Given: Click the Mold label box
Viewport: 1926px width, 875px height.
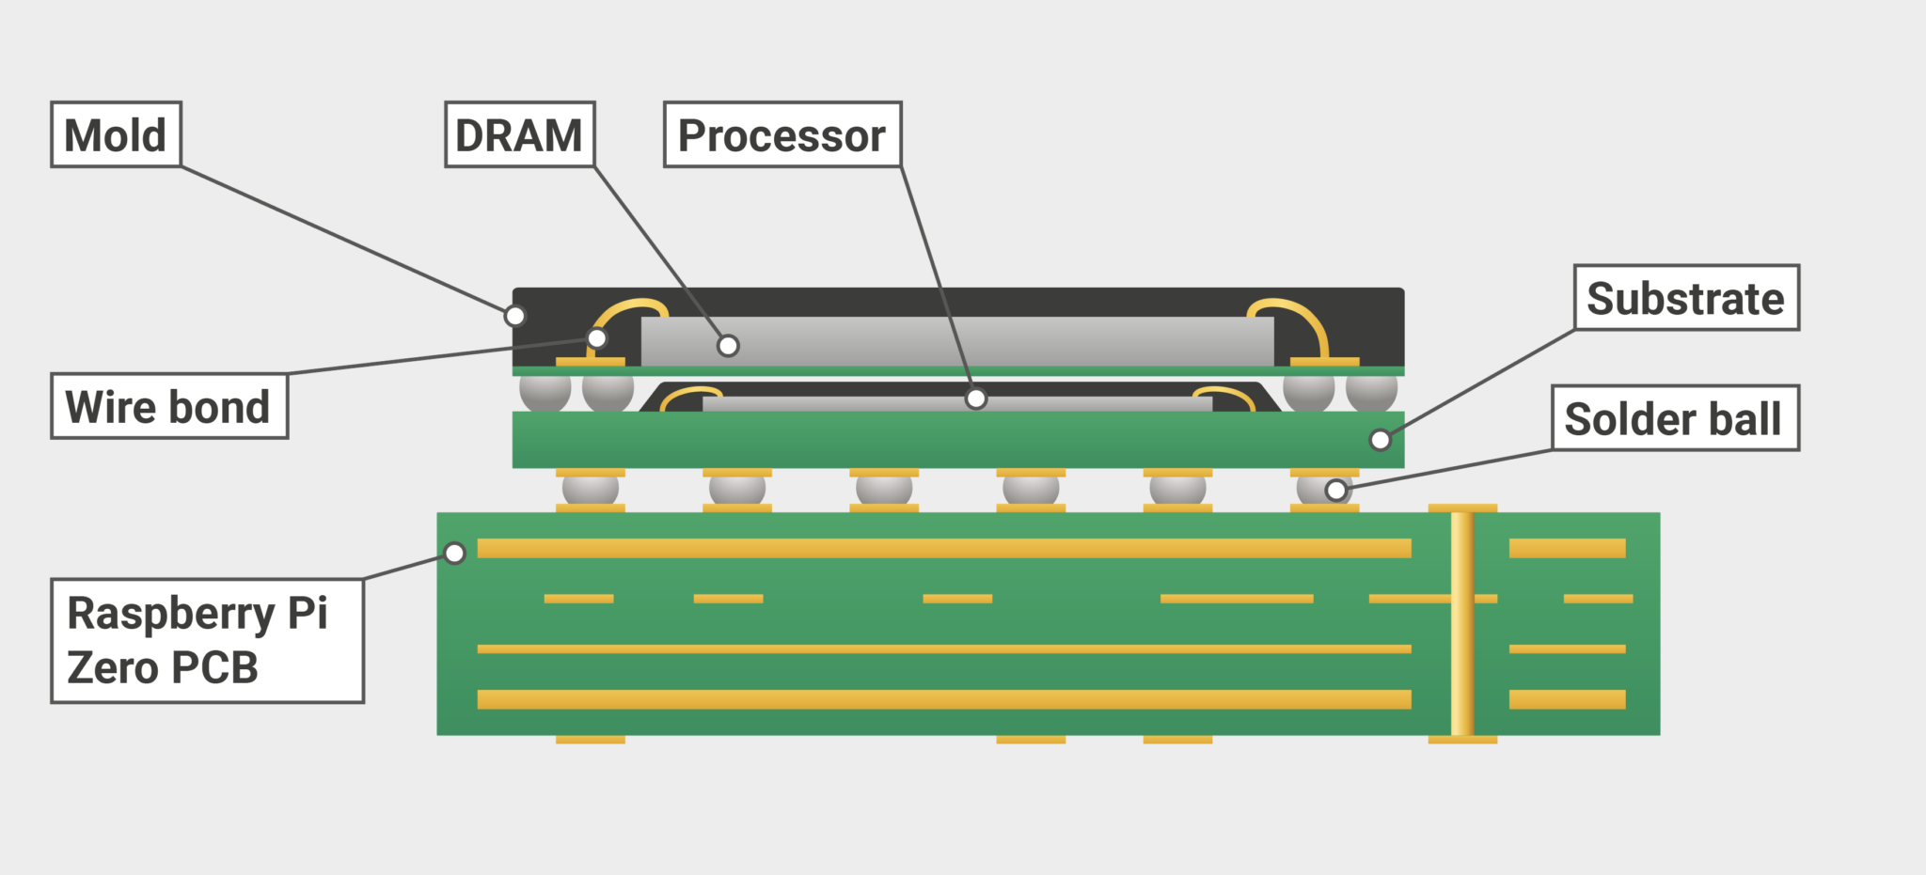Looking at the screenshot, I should click(116, 134).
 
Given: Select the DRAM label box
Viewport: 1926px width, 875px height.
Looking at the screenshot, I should click(519, 134).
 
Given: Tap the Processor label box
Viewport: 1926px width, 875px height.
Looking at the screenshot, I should click(782, 134).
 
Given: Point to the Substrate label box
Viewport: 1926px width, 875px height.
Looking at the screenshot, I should click(1686, 298).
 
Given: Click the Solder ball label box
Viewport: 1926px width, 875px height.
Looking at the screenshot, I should click(1674, 418).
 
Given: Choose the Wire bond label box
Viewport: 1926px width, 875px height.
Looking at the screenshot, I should click(168, 407).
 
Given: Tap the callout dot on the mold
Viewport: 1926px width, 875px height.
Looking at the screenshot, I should click(514, 316).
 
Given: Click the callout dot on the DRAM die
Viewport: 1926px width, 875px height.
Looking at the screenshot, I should click(728, 346).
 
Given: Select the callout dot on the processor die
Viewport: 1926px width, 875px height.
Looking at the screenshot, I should click(976, 398).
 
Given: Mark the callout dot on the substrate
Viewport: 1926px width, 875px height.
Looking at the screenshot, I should click(1380, 439).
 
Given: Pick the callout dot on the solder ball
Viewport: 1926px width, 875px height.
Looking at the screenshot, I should click(1335, 490).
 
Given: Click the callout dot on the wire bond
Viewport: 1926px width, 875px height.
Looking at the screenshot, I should click(596, 338).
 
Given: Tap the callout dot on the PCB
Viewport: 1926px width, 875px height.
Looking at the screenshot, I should click(454, 554).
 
